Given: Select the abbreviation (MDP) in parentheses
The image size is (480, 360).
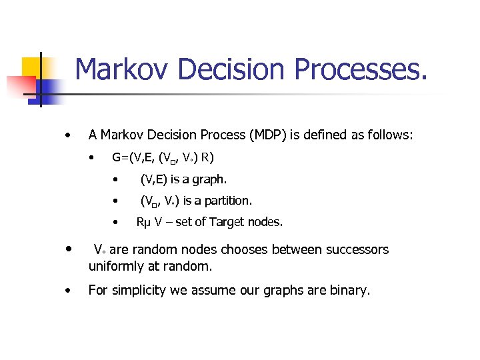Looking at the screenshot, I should tap(268, 135).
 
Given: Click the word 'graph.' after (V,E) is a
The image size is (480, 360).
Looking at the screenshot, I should tap(209, 179).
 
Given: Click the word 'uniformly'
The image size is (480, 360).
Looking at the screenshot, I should tap(115, 266).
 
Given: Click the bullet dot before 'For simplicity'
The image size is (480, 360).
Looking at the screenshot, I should tap(67, 291).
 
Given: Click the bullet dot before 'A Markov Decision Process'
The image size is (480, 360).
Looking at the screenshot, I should tap(67, 135).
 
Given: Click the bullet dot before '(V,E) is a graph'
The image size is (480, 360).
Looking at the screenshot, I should tap(115, 179).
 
